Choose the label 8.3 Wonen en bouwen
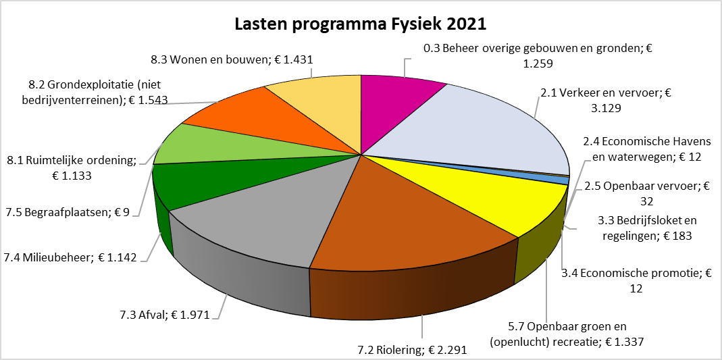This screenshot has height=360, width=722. pos(232,59)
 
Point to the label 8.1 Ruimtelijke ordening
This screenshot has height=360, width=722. pos(72,168)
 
